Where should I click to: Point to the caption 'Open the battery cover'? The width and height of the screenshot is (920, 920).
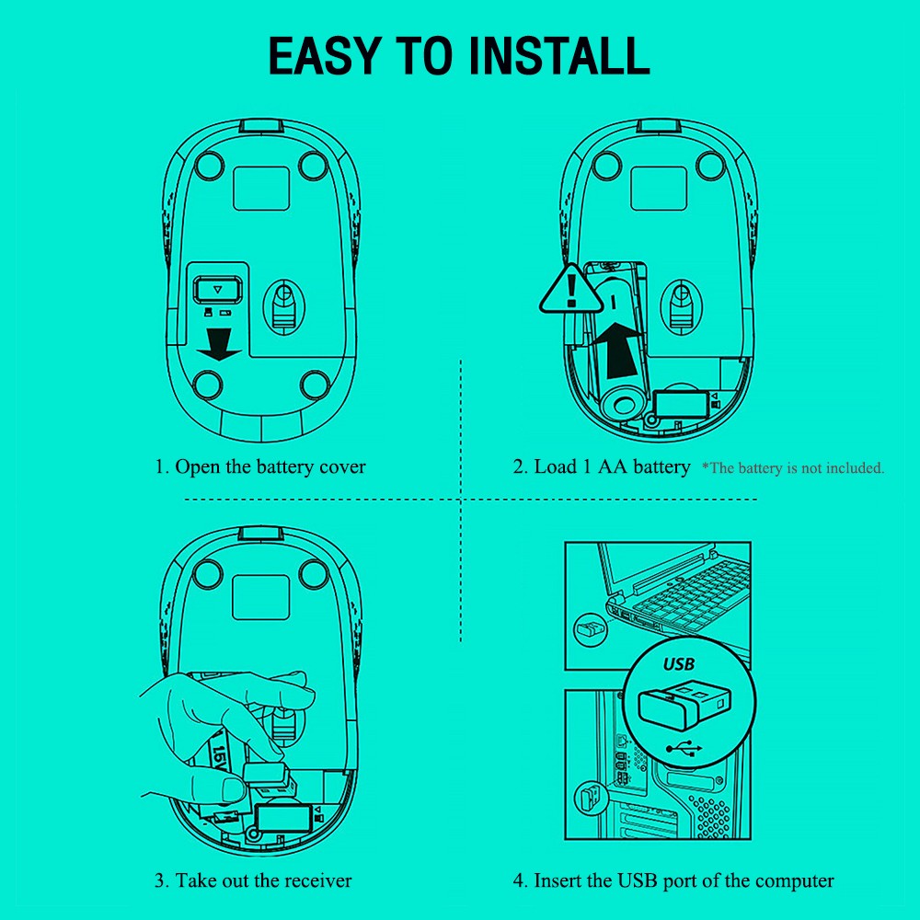click(x=260, y=466)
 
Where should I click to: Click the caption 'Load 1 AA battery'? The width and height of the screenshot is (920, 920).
click(x=601, y=466)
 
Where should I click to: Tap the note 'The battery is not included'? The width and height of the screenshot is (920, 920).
click(x=793, y=468)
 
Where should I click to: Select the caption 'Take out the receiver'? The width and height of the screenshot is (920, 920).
click(x=253, y=880)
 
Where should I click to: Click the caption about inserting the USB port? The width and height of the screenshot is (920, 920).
click(x=673, y=880)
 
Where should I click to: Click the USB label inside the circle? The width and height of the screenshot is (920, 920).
click(x=679, y=663)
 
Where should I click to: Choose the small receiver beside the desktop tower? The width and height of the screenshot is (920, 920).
click(x=589, y=796)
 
